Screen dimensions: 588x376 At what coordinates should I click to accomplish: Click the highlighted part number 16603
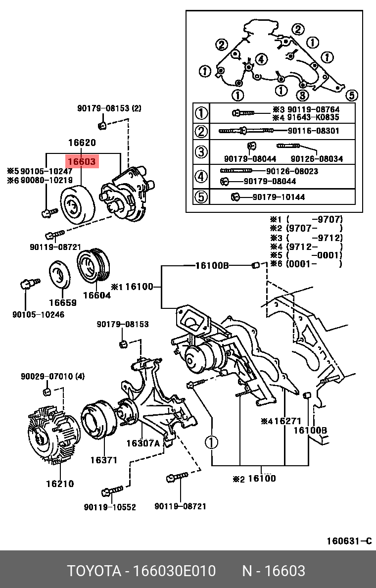point(82,161)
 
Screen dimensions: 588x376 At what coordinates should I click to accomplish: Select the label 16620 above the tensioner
point(82,143)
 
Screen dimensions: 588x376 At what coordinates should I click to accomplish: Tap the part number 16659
point(62,302)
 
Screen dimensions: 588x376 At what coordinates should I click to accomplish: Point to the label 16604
point(96,295)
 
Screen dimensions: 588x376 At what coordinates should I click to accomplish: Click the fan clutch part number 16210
point(60,484)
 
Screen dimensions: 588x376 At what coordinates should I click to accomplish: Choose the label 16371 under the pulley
point(103,460)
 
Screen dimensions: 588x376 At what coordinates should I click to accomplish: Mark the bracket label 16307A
point(142,443)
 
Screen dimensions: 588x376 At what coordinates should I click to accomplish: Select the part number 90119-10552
point(110,507)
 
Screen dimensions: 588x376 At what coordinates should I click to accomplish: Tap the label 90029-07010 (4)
point(52,377)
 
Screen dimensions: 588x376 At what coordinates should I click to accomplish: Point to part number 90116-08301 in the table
point(314,131)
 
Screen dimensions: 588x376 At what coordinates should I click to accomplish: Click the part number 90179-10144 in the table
point(279,197)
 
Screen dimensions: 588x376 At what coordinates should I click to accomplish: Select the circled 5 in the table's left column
point(200,197)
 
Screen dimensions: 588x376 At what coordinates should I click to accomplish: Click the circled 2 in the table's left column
point(200,131)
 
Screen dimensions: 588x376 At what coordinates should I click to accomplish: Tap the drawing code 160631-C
point(348,541)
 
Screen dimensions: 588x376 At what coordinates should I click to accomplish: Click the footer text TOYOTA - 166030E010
point(141,571)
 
